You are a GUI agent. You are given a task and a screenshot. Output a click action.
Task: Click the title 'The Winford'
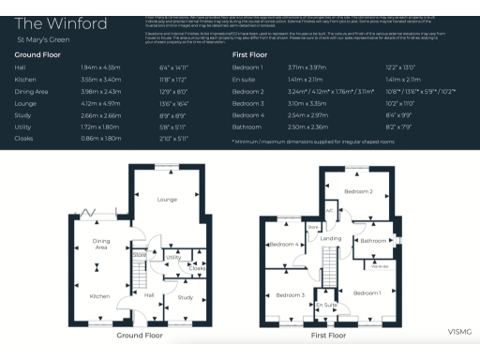click(48, 22)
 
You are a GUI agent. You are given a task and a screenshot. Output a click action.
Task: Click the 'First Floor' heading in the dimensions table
click(251, 56)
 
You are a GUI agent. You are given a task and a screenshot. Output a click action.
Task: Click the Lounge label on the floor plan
click(167, 200)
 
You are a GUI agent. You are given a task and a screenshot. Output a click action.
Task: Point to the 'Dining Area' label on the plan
click(100, 246)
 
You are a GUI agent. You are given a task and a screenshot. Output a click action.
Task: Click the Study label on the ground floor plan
click(184, 297)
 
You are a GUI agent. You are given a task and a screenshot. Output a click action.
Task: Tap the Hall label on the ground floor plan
click(148, 294)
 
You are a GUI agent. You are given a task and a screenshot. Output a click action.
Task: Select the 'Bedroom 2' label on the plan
click(357, 191)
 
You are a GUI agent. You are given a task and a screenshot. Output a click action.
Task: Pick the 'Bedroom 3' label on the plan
click(290, 296)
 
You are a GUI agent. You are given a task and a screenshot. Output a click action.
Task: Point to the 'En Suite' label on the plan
click(325, 306)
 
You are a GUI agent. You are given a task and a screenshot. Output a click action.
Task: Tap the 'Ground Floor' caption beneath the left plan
click(140, 335)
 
